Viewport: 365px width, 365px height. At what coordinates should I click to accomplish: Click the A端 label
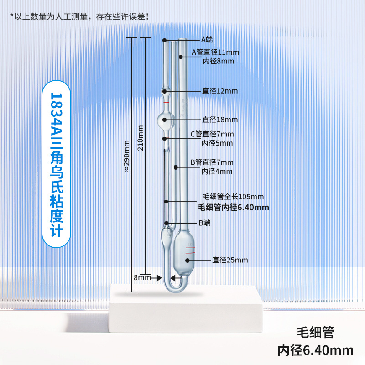tap(207, 40)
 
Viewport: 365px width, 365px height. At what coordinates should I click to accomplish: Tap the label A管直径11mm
tap(215, 52)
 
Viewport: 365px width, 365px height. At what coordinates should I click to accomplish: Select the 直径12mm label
tap(220, 91)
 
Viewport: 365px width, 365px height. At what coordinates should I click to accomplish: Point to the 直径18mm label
tap(220, 120)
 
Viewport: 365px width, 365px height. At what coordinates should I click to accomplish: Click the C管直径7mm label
tap(212, 134)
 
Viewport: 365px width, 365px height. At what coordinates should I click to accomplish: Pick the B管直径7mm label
tap(212, 162)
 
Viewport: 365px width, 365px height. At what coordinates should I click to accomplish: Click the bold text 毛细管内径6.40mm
tap(233, 207)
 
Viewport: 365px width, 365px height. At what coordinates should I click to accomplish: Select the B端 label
tap(205, 223)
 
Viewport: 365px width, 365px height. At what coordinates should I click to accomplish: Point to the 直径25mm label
tap(230, 260)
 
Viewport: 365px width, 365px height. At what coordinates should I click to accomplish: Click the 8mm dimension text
tap(142, 277)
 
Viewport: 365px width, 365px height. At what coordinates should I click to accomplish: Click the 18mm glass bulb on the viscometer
tap(166, 121)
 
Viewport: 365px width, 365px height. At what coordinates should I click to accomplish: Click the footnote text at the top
tap(80, 16)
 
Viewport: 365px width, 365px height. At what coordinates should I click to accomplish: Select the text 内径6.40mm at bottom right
tap(316, 350)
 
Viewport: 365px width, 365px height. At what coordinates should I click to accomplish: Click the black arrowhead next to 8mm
tap(160, 277)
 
